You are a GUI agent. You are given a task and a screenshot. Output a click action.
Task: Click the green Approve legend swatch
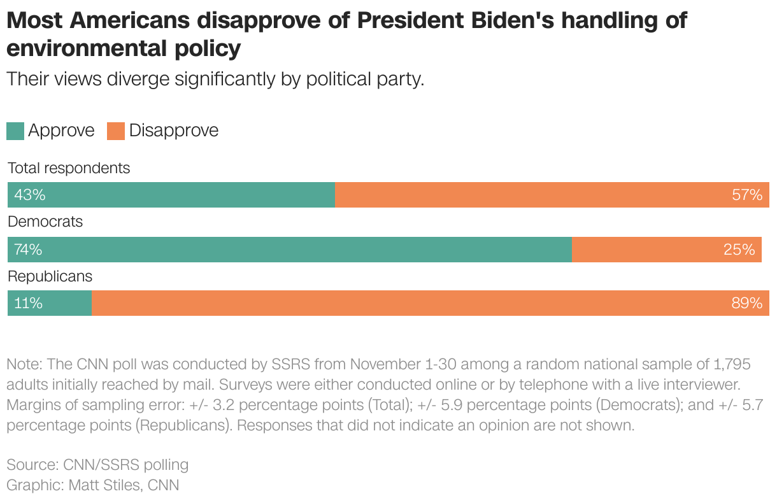point(15,131)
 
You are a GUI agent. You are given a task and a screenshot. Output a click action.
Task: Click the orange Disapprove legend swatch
point(116,131)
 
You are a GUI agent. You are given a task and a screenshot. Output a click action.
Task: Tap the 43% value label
point(30,195)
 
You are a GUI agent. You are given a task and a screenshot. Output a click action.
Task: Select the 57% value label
point(746,195)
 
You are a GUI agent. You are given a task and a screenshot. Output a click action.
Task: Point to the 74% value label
point(28,250)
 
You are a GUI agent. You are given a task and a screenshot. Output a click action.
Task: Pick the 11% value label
point(28,304)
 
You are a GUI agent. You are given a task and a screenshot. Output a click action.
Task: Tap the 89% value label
point(746,304)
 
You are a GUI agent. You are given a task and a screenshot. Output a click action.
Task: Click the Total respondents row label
point(69,168)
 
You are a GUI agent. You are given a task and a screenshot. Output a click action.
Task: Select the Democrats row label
point(45,222)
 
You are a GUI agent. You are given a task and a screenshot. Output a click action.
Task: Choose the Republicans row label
point(50,276)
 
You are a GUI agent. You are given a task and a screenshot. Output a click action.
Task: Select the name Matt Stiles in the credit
point(103,485)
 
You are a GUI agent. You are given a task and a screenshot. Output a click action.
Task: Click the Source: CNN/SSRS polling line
point(97,464)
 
